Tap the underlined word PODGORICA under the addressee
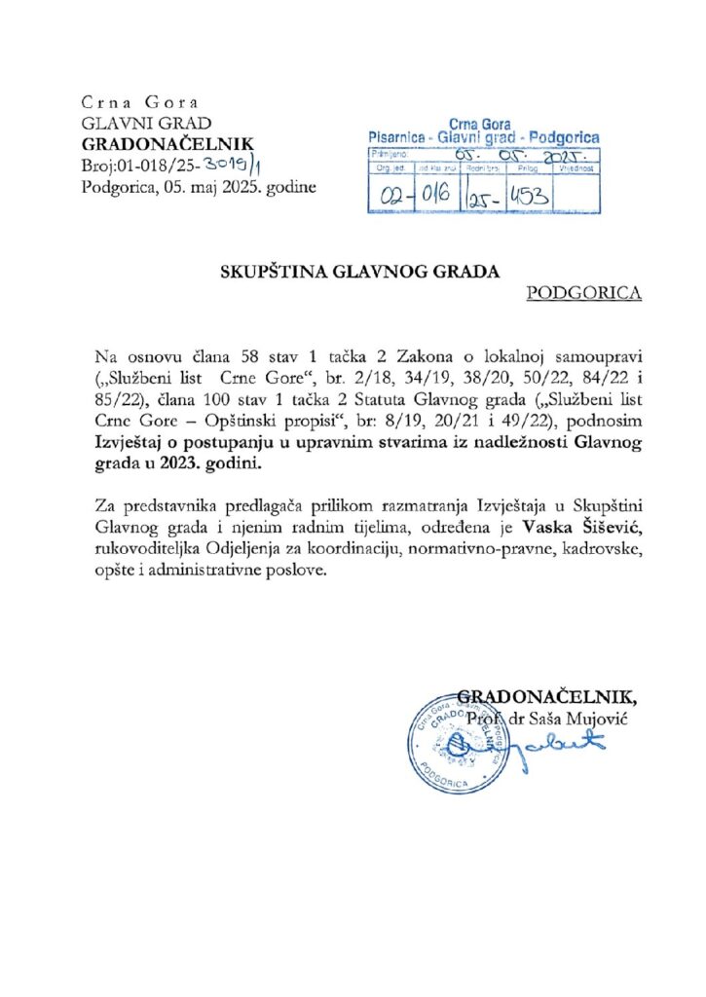pos(583,293)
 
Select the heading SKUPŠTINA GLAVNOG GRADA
pos(358,273)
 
